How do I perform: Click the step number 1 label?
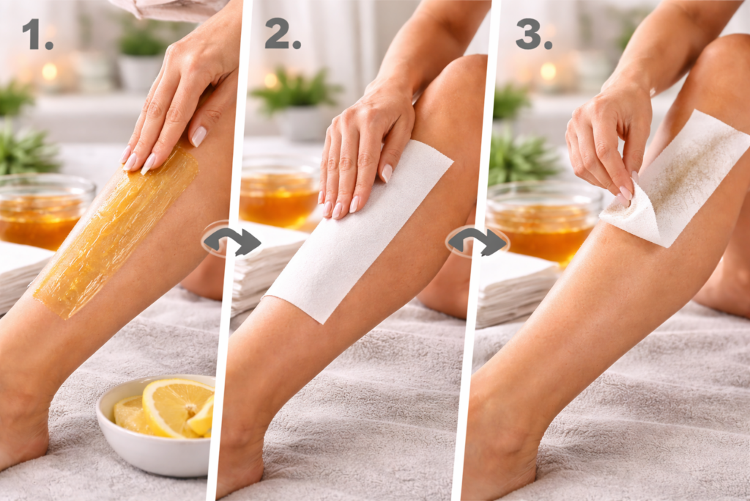point(37,35)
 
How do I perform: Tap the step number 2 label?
point(282,35)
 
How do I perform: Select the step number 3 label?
point(534,35)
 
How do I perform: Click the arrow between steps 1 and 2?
point(232,239)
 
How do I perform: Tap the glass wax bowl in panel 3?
point(543,223)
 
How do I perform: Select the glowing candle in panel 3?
point(548,72)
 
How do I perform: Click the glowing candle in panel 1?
point(49,72)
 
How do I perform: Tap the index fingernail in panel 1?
point(198,136)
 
